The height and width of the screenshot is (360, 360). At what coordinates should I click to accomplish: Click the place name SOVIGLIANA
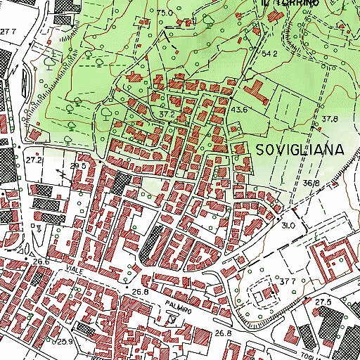pos(300,149)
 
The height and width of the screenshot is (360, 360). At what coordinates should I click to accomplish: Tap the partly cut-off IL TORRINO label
pos(290,4)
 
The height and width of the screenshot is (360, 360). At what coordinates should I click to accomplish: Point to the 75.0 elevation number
pos(165,13)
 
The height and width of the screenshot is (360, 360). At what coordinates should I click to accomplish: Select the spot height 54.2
pos(271,53)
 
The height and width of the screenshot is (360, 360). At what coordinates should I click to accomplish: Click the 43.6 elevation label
pos(239,109)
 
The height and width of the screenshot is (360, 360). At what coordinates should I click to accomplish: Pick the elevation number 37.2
pos(167,113)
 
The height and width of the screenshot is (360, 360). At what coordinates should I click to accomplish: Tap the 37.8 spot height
pos(330,119)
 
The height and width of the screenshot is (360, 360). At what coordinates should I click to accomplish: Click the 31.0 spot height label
pos(288,225)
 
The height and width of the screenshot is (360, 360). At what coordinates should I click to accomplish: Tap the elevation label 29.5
pos(78,166)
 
